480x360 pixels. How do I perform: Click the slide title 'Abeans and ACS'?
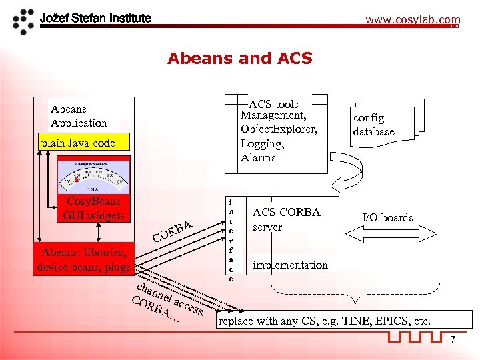tap(240, 59)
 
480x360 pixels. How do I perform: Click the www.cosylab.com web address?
tap(412, 20)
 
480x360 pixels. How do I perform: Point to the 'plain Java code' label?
tap(78, 143)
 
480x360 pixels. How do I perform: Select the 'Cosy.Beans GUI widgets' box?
tap(93, 208)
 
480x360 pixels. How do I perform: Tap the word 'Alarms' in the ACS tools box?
tap(258, 158)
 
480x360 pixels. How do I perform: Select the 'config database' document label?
tap(374, 125)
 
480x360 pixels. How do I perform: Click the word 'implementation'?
tap(290, 265)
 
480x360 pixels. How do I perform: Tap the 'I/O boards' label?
tap(387, 217)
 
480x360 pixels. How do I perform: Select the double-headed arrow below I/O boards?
tap(388, 231)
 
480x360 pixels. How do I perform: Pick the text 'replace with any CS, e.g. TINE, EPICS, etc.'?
tap(325, 321)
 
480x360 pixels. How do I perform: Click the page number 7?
tap(453, 341)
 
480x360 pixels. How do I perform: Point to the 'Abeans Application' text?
tap(79, 116)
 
